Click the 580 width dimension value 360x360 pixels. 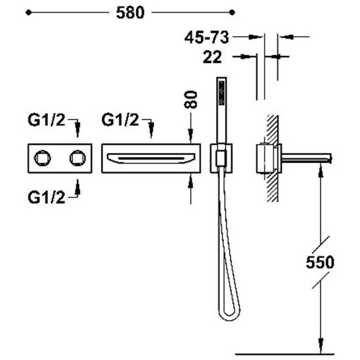pyautogui.click(x=130, y=12)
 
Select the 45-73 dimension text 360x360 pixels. pyautogui.click(x=207, y=37)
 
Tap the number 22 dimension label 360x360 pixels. pyautogui.click(x=212, y=57)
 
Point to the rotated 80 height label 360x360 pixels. pyautogui.click(x=191, y=99)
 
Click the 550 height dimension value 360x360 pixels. pyautogui.click(x=320, y=262)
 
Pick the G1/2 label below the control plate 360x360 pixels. pyautogui.click(x=47, y=197)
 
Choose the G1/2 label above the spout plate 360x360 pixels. pyautogui.click(x=120, y=120)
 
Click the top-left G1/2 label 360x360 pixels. pyautogui.click(x=47, y=120)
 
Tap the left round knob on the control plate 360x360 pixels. pyautogui.click(x=42, y=158)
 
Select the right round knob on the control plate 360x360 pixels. pyautogui.click(x=78, y=158)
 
